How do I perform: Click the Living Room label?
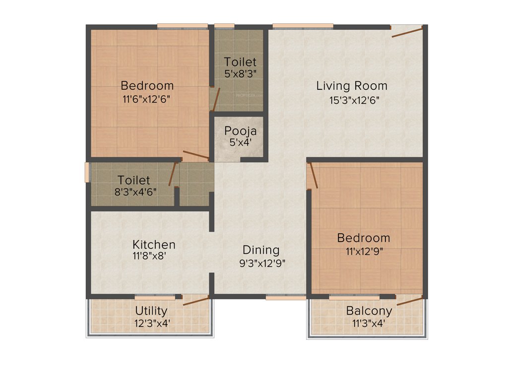tap(352, 86)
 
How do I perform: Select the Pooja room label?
tap(241, 131)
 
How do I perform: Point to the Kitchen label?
tap(154, 245)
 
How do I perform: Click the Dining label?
tap(261, 250)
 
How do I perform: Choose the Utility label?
tap(151, 311)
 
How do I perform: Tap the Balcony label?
tap(369, 311)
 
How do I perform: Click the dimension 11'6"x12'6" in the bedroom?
tap(147, 99)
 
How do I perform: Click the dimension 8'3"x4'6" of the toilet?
tap(136, 191)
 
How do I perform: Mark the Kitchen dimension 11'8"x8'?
tap(154, 257)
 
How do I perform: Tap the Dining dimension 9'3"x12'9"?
tap(262, 263)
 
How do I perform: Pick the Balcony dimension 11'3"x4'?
tap(369, 324)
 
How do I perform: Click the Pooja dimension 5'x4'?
tap(241, 142)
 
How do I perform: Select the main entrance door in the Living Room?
tap(407, 32)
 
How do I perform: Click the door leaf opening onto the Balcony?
tap(410, 300)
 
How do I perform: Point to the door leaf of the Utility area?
tap(196, 300)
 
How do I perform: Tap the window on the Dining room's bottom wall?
tap(286, 297)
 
